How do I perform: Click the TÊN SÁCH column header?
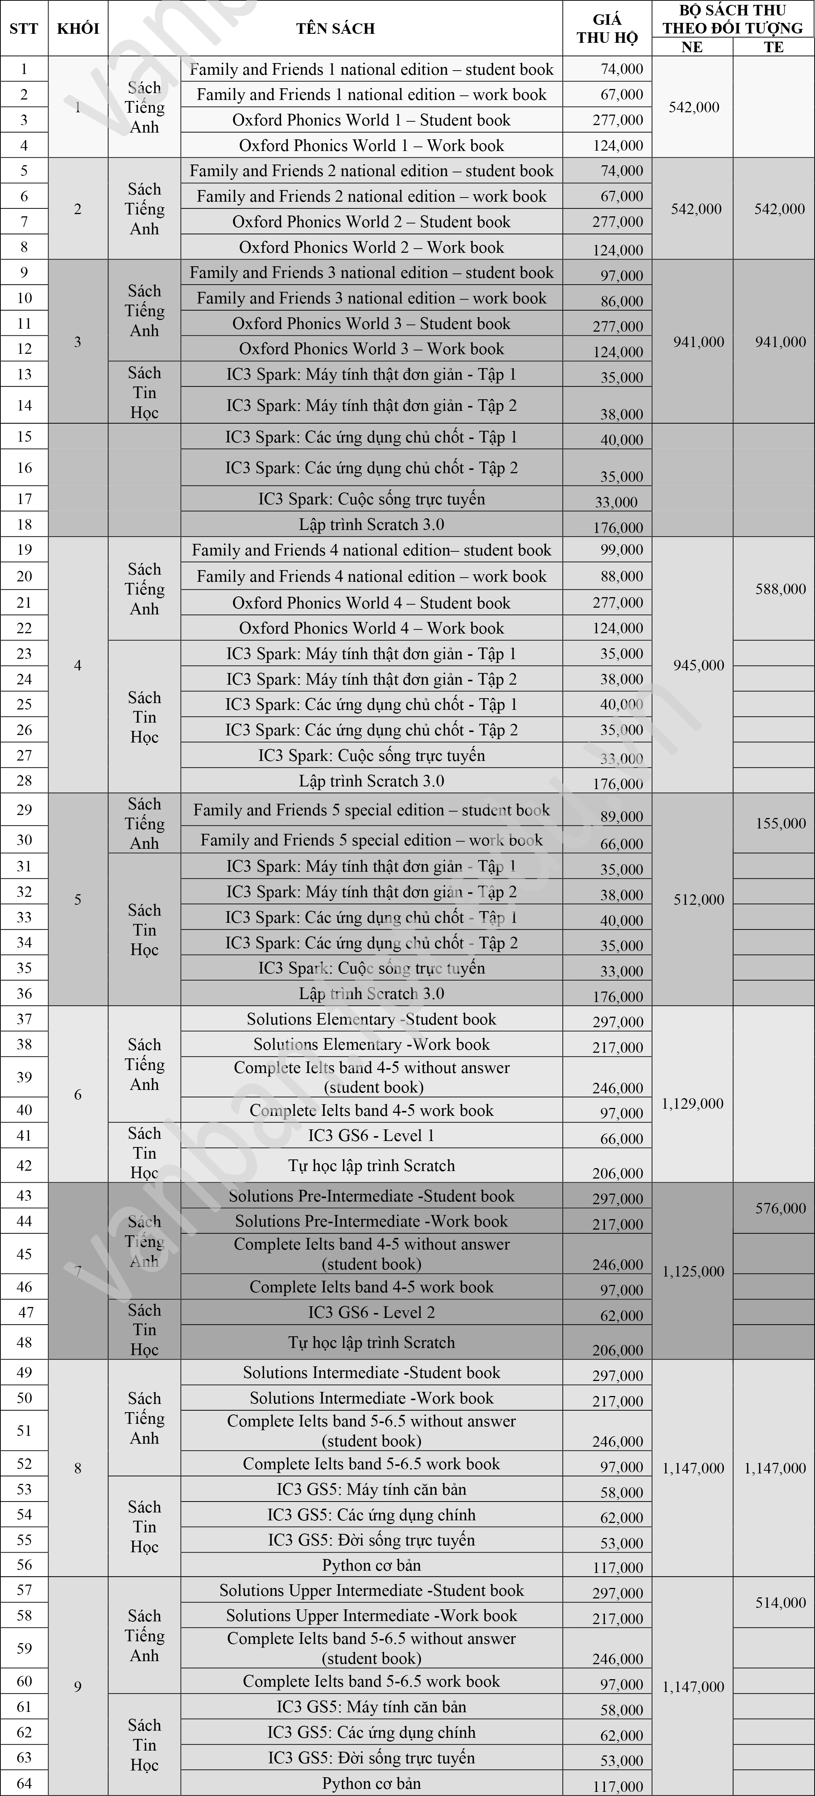pyautogui.click(x=335, y=29)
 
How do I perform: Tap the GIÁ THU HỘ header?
pyautogui.click(x=607, y=29)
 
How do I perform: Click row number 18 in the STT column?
pyautogui.click(x=24, y=524)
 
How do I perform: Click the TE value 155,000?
pyautogui.click(x=780, y=823)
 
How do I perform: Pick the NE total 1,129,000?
pyautogui.click(x=692, y=1104)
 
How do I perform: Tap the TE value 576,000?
pyautogui.click(x=780, y=1208)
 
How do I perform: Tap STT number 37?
pyautogui.click(x=24, y=1019)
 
